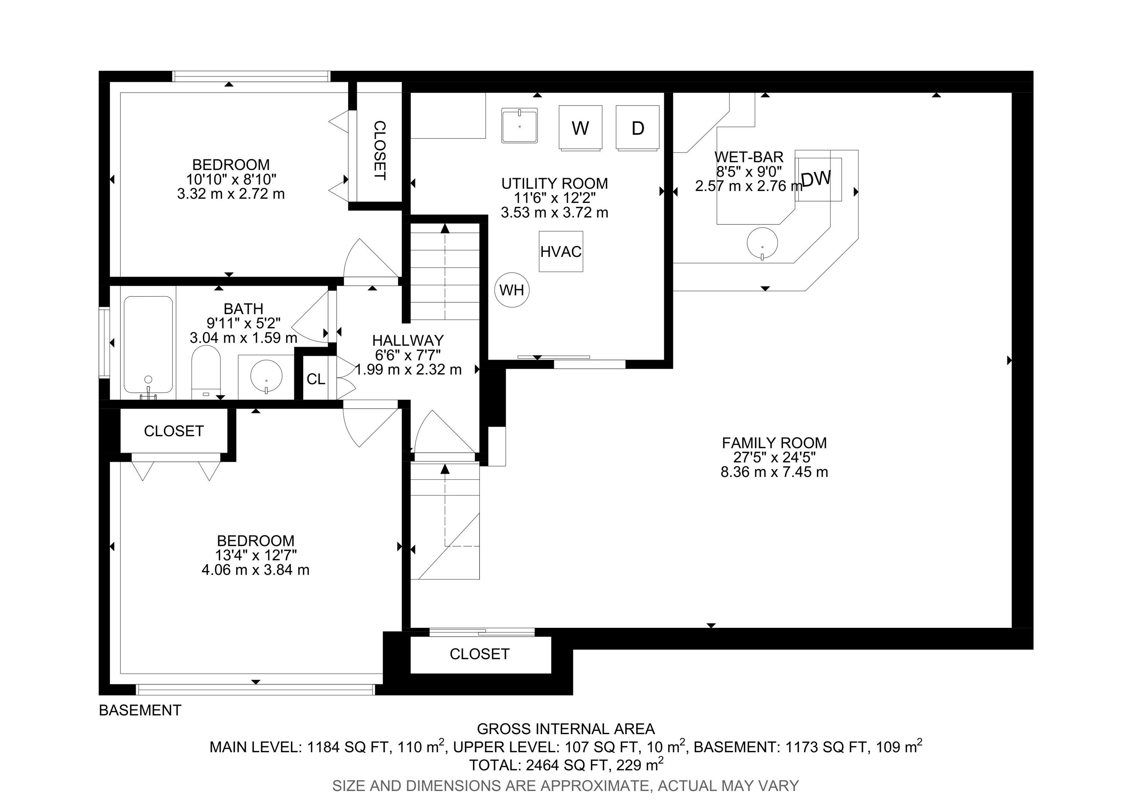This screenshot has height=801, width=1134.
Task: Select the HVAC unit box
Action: [561, 251]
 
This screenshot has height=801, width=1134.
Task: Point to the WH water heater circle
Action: [512, 290]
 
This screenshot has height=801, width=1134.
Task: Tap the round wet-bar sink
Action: [762, 243]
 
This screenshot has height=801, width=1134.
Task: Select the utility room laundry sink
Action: [520, 126]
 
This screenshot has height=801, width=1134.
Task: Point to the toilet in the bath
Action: [206, 372]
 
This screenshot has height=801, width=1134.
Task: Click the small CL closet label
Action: [316, 379]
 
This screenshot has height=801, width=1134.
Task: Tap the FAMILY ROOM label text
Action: [774, 443]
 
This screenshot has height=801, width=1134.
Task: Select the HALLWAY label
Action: [408, 340]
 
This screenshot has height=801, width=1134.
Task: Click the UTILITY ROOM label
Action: [555, 183]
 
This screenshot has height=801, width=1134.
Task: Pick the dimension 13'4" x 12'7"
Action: [256, 555]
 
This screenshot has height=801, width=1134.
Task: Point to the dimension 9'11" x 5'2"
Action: [244, 323]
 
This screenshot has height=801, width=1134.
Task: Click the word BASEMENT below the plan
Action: [140, 710]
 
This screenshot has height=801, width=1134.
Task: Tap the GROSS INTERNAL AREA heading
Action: [566, 729]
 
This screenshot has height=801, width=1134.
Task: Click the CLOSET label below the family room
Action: [480, 654]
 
